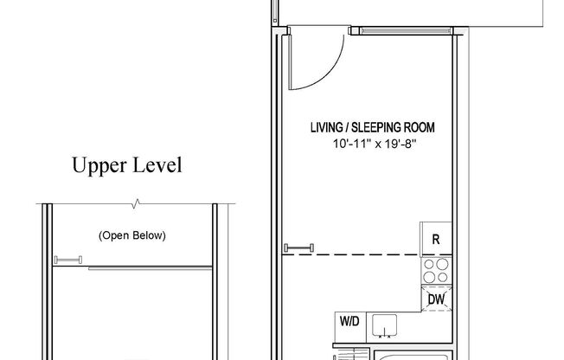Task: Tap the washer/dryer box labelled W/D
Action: click(x=349, y=322)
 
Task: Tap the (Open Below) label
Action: click(x=131, y=235)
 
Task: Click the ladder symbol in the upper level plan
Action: click(x=67, y=260)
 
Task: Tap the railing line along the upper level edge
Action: click(x=147, y=268)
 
